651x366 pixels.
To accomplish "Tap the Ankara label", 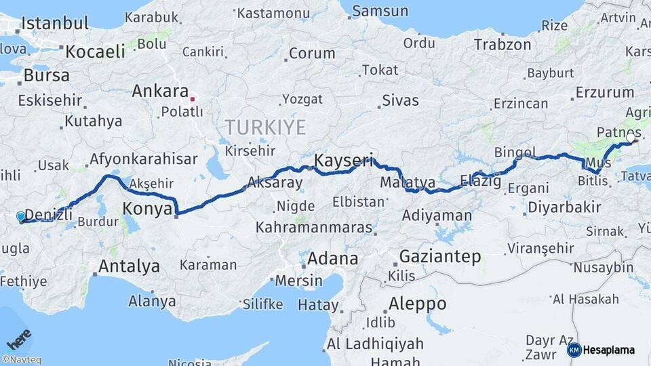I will coord(160,91).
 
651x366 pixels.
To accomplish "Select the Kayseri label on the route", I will coord(344,161).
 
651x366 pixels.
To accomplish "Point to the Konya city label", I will coord(147,209).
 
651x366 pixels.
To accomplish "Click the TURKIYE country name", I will coord(265,127).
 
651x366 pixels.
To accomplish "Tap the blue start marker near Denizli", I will coord(21,217).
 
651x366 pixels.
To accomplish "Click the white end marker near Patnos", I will coord(631,138).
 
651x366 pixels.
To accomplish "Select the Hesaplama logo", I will coord(601,350).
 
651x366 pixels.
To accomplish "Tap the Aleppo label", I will coord(417,303).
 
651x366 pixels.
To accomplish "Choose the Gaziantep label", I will coord(440,257).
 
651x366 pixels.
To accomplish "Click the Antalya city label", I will coord(129,266).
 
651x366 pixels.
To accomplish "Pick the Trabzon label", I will coord(502,45).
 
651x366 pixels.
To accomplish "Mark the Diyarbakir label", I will coord(564,207).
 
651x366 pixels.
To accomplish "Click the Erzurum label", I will coord(604,92).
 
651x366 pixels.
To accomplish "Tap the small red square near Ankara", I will coord(193,99).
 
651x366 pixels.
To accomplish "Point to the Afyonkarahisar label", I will coord(143,159).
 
